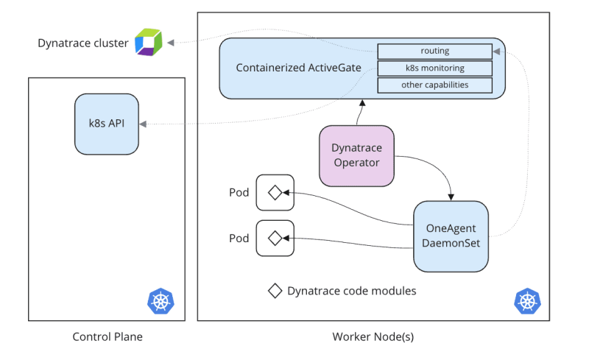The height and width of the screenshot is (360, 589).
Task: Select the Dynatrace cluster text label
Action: tap(83, 43)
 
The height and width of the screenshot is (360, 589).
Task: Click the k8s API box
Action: tap(107, 124)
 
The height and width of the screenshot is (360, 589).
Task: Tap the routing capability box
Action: tap(434, 52)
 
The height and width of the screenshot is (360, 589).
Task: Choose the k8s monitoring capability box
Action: tap(434, 68)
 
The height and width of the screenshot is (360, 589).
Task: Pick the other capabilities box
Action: tap(434, 85)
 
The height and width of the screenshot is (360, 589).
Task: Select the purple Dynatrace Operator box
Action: tap(356, 155)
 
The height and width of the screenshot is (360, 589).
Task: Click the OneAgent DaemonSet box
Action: tap(451, 236)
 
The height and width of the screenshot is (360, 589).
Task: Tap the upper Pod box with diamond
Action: tap(275, 193)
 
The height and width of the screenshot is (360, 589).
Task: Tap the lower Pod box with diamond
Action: tap(275, 239)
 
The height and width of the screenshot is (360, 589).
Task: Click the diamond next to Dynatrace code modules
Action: tap(275, 291)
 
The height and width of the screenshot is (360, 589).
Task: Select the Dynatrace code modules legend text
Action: tap(352, 291)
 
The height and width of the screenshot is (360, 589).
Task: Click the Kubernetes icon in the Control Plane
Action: tap(161, 300)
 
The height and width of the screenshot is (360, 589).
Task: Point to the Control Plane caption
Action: tap(107, 337)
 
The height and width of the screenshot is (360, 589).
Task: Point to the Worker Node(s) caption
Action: tap(373, 337)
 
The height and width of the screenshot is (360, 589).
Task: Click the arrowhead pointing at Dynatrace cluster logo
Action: tap(171, 43)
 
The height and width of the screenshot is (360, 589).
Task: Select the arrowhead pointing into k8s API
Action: tap(143, 124)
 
